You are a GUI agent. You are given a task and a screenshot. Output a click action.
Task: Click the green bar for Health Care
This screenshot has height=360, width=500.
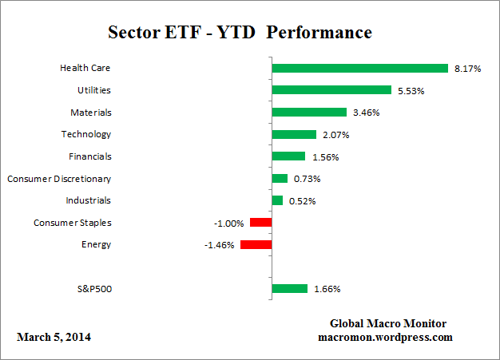click(359, 68)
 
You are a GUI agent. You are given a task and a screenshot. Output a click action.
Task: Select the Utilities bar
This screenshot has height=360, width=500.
click(331, 90)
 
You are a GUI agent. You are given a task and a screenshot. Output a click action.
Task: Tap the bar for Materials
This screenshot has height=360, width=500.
click(309, 113)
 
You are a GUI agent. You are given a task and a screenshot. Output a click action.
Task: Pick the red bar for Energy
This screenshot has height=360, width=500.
click(256, 245)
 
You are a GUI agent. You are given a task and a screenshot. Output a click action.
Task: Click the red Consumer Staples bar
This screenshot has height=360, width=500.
click(260, 223)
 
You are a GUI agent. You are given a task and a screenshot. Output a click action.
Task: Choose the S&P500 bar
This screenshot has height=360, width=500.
click(290, 288)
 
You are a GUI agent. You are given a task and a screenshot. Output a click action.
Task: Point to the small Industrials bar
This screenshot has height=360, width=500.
click(277, 200)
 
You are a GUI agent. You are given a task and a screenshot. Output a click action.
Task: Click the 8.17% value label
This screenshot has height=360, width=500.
click(467, 69)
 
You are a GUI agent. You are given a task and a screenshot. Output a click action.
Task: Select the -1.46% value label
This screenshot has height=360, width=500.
click(219, 246)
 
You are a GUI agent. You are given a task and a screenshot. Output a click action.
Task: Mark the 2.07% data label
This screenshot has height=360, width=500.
click(335, 135)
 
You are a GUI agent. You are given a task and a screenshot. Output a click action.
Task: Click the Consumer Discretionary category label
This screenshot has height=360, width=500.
click(59, 179)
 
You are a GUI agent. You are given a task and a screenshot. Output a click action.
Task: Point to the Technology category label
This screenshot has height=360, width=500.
click(86, 134)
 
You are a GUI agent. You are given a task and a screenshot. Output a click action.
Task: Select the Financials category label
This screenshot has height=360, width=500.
click(89, 156)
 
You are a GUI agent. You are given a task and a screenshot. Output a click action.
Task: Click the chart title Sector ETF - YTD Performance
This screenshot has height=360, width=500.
click(239, 33)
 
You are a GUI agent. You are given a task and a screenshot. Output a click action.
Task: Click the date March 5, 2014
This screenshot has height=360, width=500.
click(54, 337)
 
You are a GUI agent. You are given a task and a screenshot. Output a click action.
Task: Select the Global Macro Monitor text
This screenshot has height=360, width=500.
click(388, 323)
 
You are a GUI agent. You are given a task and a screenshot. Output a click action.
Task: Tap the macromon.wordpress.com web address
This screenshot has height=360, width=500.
click(386, 337)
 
